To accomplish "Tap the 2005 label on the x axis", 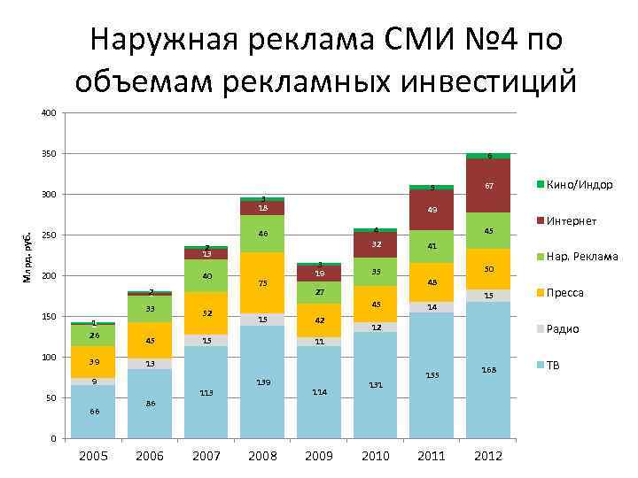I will coord(93,456).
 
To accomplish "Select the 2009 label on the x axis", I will coord(319,456).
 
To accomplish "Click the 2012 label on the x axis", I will coord(488,456).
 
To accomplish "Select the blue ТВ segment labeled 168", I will coord(488,370).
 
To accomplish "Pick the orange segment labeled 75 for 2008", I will coord(262,283).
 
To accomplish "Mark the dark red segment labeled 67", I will coord(488,187).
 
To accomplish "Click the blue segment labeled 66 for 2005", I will coord(93,412).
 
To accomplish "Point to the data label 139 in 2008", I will coord(262,382).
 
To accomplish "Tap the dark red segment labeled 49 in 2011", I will coord(432,210).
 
